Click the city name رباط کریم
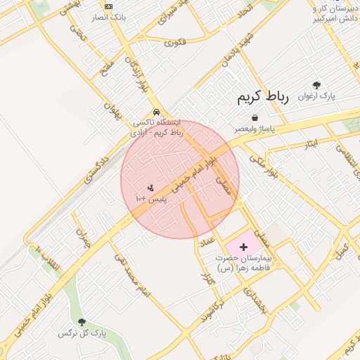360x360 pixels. pyautogui.click(x=263, y=96)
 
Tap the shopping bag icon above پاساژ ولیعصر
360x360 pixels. pyautogui.click(x=254, y=117)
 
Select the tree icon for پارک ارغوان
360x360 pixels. pyautogui.click(x=316, y=84)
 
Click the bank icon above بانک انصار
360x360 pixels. pyautogui.click(x=108, y=6)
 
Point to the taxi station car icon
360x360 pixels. pyautogui.click(x=155, y=112)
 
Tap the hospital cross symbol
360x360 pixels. pyautogui.click(x=244, y=247)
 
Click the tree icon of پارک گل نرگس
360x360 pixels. pyautogui.click(x=82, y=322)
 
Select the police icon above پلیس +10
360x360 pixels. pyautogui.click(x=150, y=187)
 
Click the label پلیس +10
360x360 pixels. pyautogui.click(x=151, y=199)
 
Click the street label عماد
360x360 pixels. pyautogui.click(x=207, y=241)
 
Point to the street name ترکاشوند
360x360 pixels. pyautogui.click(x=211, y=309)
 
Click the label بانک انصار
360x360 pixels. pyautogui.click(x=108, y=16)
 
